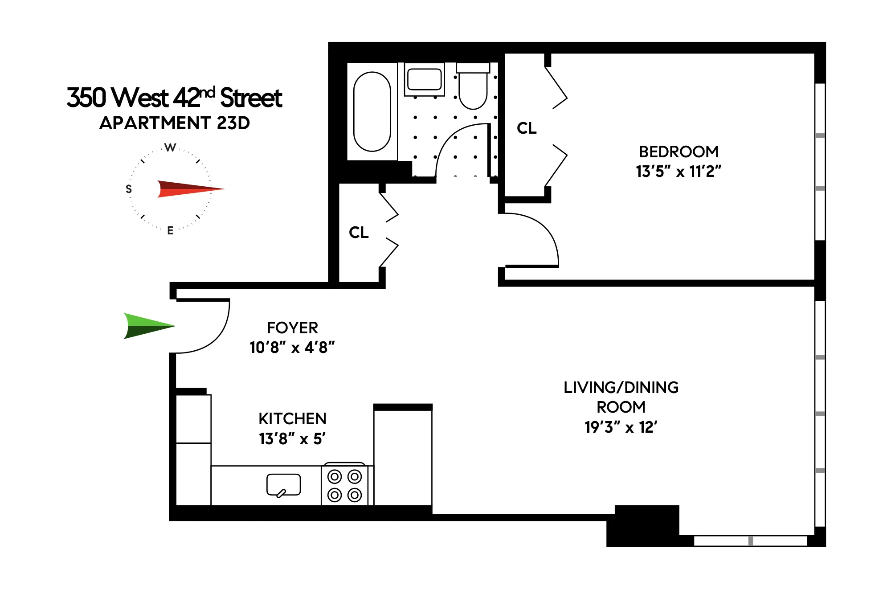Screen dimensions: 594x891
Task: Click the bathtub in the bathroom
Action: click(372, 111)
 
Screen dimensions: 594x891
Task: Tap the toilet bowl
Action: click(473, 92)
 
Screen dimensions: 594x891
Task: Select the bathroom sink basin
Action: click(424, 79)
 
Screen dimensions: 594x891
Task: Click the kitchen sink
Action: click(283, 484)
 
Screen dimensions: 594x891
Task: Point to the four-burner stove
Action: click(344, 485)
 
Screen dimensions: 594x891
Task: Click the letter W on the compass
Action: click(170, 147)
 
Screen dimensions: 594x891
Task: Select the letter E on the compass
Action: click(170, 230)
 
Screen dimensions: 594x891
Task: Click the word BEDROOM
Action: click(678, 152)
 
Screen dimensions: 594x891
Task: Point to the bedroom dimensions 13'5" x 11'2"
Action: click(678, 172)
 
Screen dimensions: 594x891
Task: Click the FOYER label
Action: click(292, 328)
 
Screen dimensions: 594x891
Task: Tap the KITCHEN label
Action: click(292, 419)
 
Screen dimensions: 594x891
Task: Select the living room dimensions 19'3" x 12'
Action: click(621, 427)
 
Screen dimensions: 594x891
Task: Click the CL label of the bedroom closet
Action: click(527, 128)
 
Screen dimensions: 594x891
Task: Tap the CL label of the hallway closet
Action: click(359, 233)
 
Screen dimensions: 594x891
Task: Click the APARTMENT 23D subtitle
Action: click(175, 123)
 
